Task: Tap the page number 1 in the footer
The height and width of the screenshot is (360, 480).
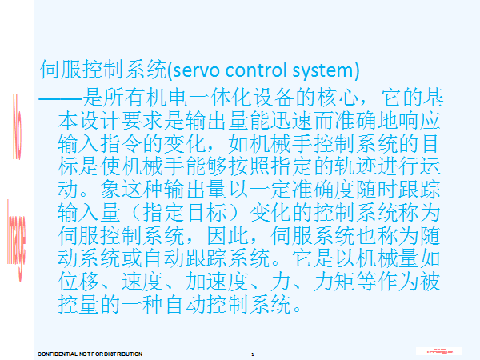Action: [x=252, y=353]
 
